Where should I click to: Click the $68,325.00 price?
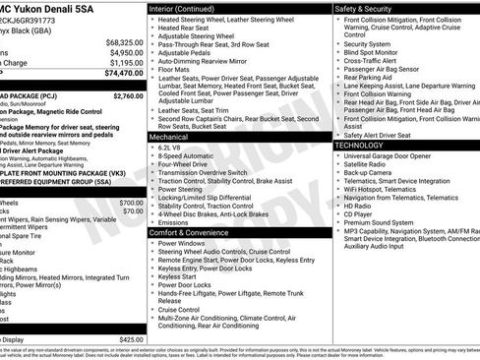[x=124, y=43]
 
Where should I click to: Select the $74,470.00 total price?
[x=124, y=73]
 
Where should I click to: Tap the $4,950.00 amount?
[x=126, y=53]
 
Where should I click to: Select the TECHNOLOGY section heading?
[x=359, y=145]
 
